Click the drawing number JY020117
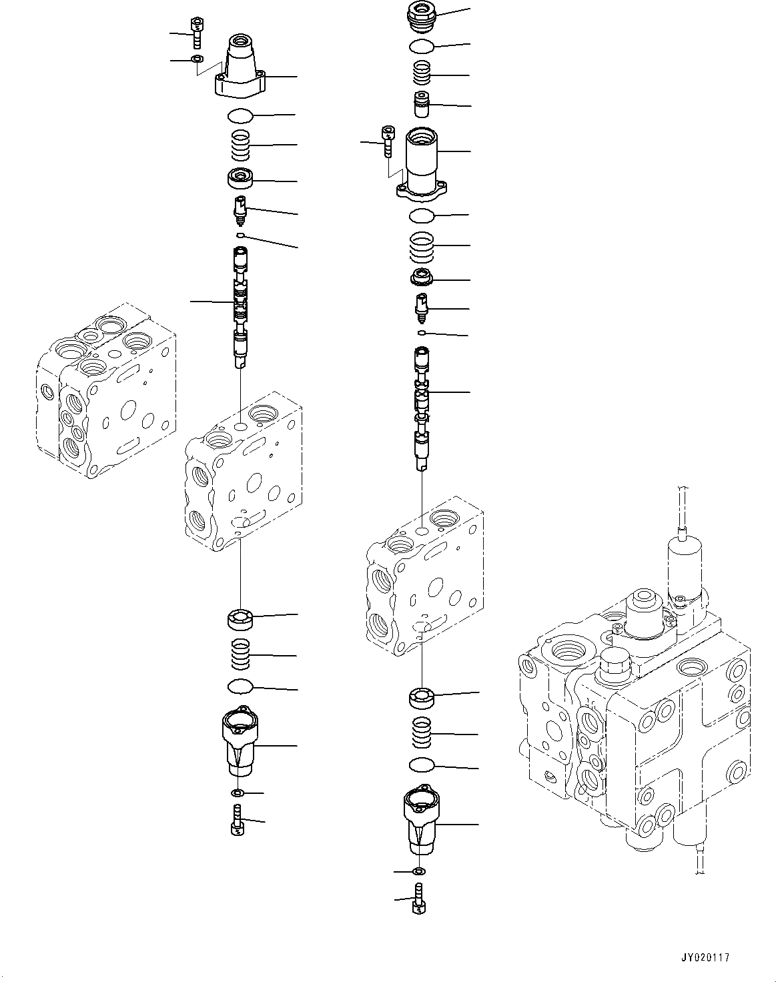707,957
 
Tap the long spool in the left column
240,307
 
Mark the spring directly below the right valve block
422,732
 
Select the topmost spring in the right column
422,72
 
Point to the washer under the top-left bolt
197,60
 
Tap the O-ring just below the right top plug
422,45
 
